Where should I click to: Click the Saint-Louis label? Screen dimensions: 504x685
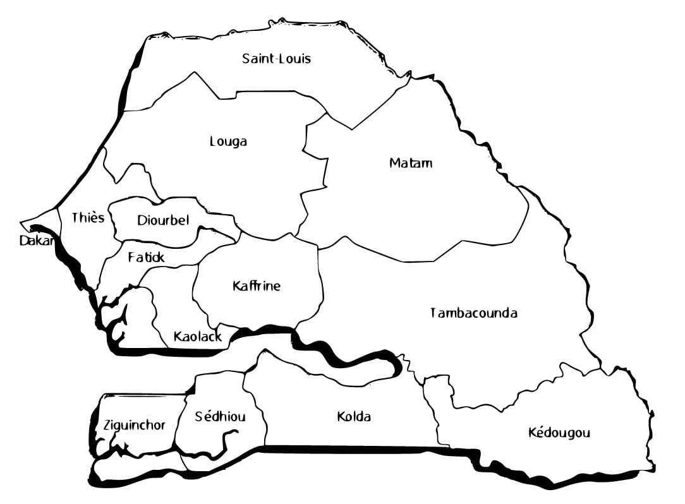click(277, 59)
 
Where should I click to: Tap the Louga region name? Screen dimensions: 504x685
click(228, 141)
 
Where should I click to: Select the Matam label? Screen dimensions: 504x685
click(411, 163)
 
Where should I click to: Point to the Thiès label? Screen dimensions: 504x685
click(88, 218)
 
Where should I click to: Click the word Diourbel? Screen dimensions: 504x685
click(163, 220)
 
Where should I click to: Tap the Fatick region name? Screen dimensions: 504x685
click(146, 258)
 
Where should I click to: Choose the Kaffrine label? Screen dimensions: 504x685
click(256, 286)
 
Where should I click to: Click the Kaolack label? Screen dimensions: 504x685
click(197, 337)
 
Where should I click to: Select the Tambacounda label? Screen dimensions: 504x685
click(473, 313)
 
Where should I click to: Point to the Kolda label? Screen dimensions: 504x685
click(354, 417)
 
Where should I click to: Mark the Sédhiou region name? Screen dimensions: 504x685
click(220, 417)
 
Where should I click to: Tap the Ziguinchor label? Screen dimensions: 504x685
click(134, 425)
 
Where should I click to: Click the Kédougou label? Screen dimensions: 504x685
click(559, 433)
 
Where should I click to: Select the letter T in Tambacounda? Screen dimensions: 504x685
click(433, 313)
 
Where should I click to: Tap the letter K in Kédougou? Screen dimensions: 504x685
click(531, 433)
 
